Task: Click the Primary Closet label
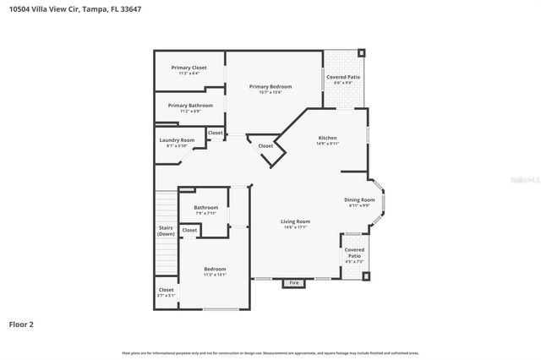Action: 189,68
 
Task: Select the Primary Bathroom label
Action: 190,106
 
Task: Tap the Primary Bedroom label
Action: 270,86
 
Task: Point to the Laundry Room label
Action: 177,140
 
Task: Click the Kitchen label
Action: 327,138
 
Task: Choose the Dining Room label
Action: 359,199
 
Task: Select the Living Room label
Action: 296,221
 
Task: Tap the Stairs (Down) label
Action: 167,230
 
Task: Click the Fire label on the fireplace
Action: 293,282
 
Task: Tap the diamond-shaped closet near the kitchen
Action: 265,146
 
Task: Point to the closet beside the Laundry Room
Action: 216,133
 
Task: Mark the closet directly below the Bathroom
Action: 189,230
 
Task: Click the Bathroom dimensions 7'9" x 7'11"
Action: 205,213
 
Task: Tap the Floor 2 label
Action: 20,324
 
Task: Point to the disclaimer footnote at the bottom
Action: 270,352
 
